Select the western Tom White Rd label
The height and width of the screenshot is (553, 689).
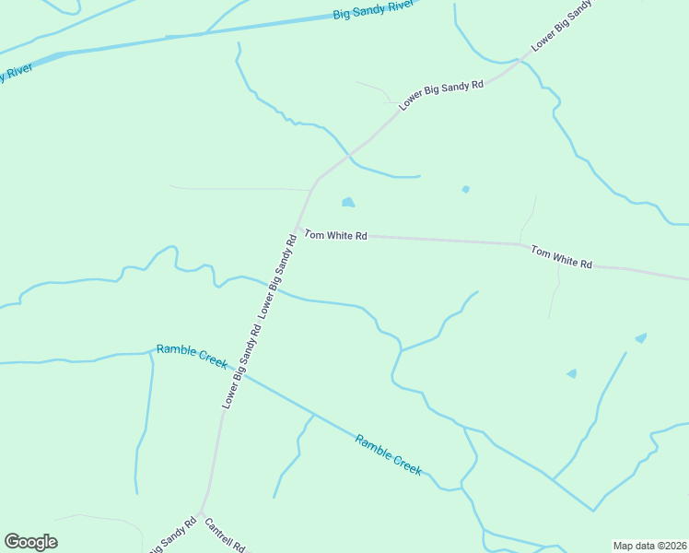point(335,236)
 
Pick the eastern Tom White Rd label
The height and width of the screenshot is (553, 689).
point(561,256)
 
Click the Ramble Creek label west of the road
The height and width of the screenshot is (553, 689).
point(192,356)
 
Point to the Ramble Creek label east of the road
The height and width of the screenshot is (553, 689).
point(388,454)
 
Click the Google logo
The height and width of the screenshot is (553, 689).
point(30,542)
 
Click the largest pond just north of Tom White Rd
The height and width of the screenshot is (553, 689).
point(348,203)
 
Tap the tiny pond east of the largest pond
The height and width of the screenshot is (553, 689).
point(465,189)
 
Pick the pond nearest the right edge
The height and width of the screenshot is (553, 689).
point(640,338)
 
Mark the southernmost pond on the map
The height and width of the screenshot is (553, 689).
point(572,373)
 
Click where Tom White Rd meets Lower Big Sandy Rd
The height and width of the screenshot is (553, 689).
point(297,229)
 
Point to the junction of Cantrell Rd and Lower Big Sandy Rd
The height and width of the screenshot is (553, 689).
point(201,513)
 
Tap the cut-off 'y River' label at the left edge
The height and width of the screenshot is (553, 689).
point(16,72)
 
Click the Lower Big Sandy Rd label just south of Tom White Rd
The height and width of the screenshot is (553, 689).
point(277,276)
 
